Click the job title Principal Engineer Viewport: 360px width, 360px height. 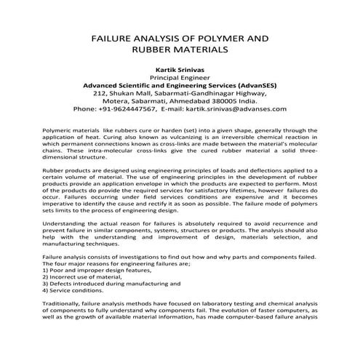point(180,76)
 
